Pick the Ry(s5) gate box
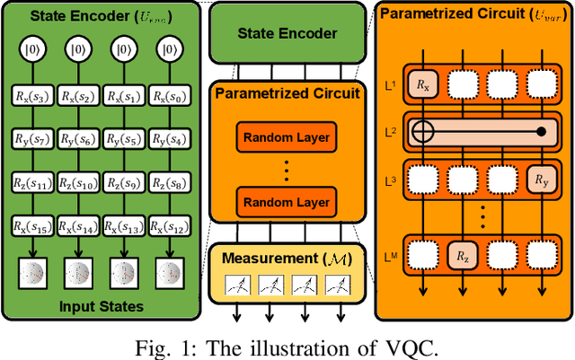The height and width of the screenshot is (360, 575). tap(123, 139)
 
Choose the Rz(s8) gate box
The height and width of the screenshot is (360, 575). tap(168, 183)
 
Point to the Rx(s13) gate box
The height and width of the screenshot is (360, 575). tap(123, 226)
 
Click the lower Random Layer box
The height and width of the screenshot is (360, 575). tap(283, 198)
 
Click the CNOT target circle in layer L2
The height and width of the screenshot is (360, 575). tap(422, 132)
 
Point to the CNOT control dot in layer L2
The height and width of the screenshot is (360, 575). tap(540, 132)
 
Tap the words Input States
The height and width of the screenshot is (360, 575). tap(100, 307)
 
